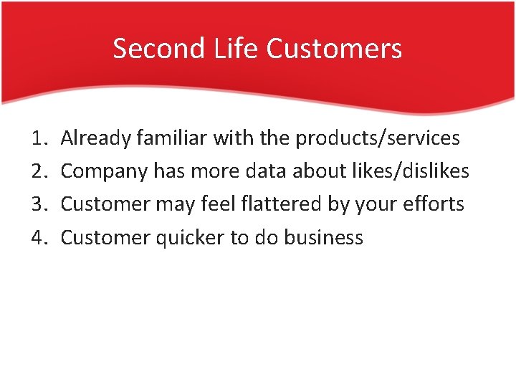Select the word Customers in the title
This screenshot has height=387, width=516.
334,49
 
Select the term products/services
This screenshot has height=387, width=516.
378,138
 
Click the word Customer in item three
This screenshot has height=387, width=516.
105,204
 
